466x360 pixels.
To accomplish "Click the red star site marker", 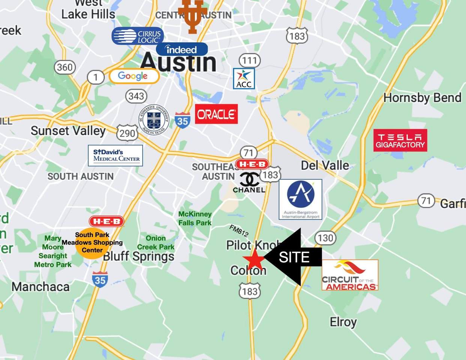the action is (x=253, y=259).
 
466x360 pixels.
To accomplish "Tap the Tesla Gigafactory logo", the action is (x=400, y=141).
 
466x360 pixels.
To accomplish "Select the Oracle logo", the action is (x=216, y=114).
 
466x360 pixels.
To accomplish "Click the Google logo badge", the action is (x=134, y=76).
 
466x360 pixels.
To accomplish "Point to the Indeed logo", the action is (x=182, y=49).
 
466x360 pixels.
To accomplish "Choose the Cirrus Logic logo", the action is (x=138, y=36).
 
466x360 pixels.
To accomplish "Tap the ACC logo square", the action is (x=244, y=79).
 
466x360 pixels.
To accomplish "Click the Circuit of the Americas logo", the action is (x=350, y=275).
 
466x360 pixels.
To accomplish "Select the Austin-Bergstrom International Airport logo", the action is (x=300, y=199).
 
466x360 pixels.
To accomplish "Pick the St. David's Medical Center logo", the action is (x=116, y=155).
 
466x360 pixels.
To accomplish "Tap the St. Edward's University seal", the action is (x=154, y=120).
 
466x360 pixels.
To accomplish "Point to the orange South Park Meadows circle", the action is (x=92, y=243).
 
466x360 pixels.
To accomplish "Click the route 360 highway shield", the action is (x=65, y=67).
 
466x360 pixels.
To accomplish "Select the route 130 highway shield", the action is (x=325, y=238).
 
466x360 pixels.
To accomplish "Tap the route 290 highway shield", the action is (x=127, y=133).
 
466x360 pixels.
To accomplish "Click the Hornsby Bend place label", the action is (x=422, y=98).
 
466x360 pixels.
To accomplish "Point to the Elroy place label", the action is (x=343, y=322).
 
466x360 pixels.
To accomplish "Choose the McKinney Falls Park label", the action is (x=195, y=218).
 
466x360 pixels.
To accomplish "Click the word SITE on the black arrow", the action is (x=294, y=257).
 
